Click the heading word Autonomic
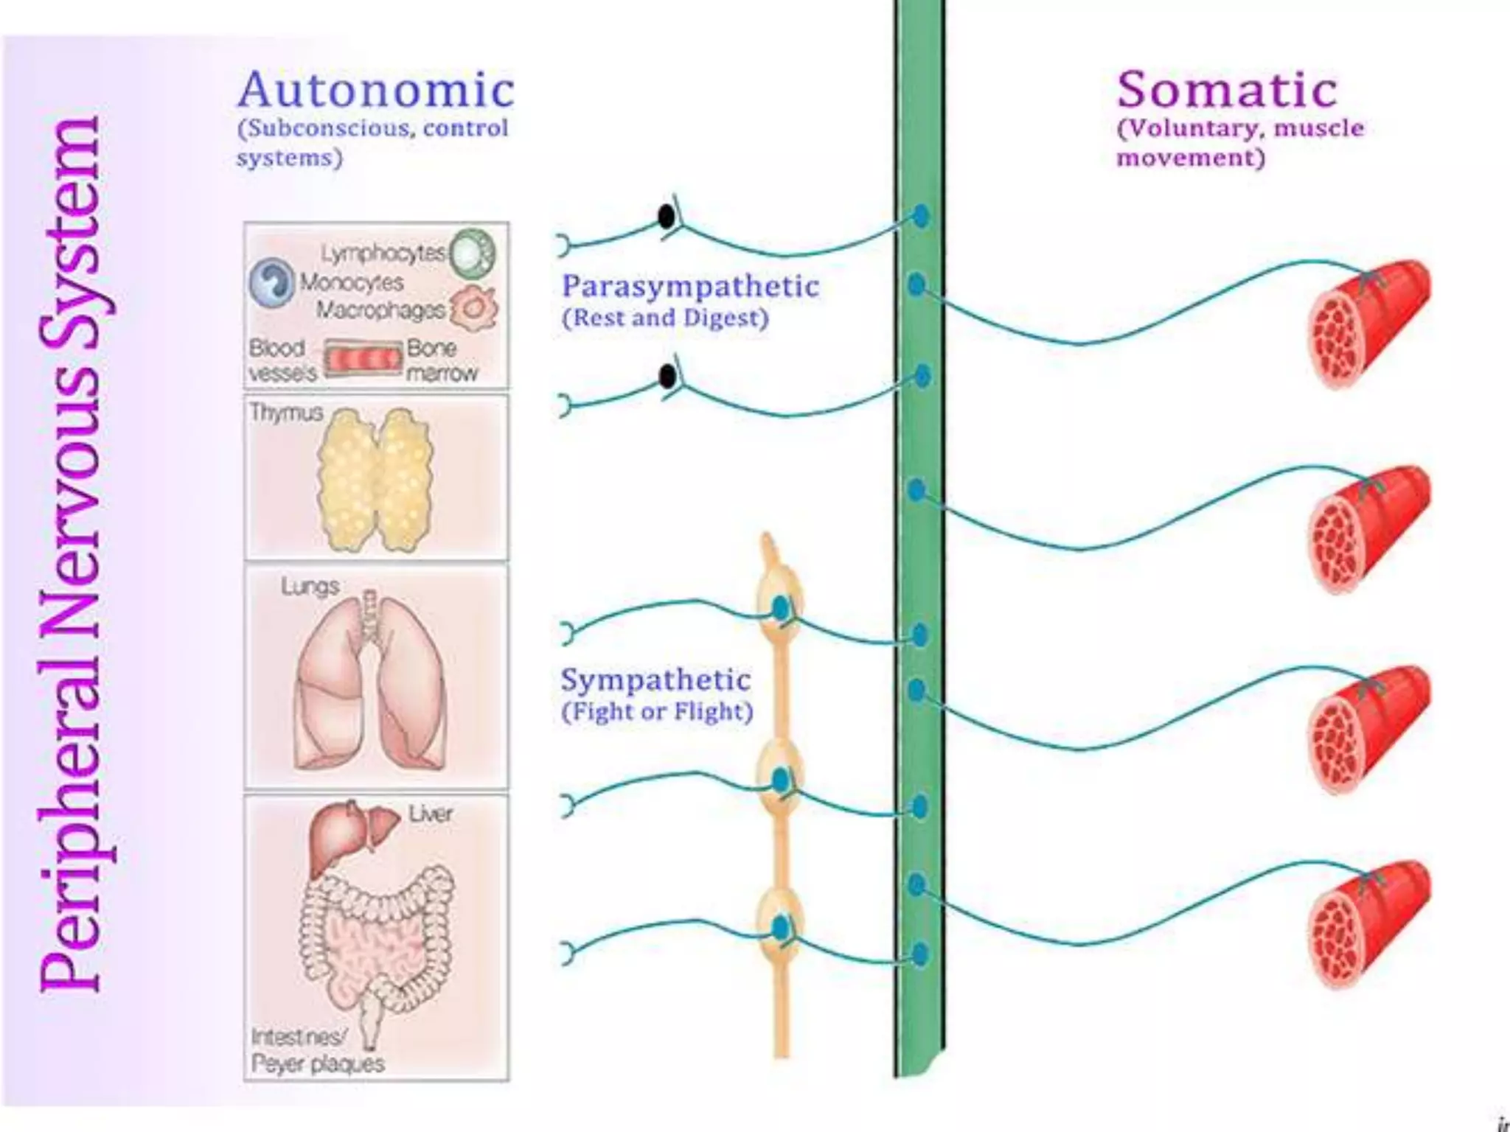(x=375, y=91)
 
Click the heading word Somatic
(x=1227, y=91)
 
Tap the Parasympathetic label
(x=690, y=287)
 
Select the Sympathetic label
(x=655, y=680)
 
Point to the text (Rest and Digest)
(x=665, y=318)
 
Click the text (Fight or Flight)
(x=657, y=712)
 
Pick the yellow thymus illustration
(x=375, y=480)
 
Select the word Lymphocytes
(x=383, y=254)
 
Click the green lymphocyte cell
(x=473, y=253)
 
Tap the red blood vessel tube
(x=363, y=360)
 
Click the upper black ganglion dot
(x=667, y=217)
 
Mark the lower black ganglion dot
(x=667, y=377)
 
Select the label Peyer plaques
(x=318, y=1063)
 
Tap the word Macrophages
(x=380, y=310)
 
